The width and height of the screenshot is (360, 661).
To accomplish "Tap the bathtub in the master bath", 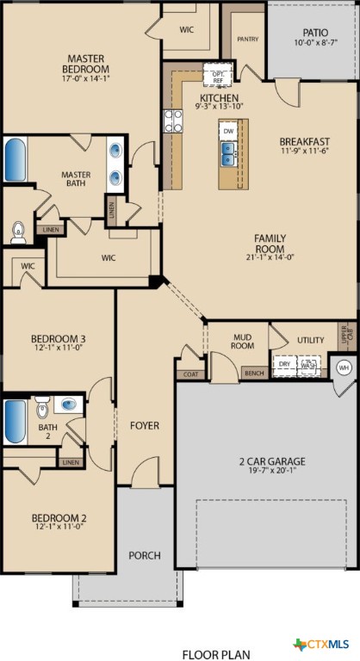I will (x=16, y=158).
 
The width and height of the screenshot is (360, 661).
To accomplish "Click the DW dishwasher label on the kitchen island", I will (x=228, y=131).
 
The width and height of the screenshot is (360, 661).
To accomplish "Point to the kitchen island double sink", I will (x=229, y=153).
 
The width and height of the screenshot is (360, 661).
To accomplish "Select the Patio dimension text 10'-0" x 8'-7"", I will (x=313, y=42).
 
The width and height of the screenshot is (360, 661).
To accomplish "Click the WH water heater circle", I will (x=344, y=368).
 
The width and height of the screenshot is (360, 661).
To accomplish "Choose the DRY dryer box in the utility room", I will (x=284, y=364).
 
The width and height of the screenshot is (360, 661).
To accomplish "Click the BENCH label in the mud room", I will (x=253, y=374).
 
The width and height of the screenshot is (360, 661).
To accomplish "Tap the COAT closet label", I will (x=189, y=374).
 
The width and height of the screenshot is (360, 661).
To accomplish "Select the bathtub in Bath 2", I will (x=16, y=421).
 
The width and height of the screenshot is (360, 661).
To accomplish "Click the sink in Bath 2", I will (x=68, y=404).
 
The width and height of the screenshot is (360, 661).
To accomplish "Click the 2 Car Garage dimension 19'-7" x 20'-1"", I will (x=272, y=473).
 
